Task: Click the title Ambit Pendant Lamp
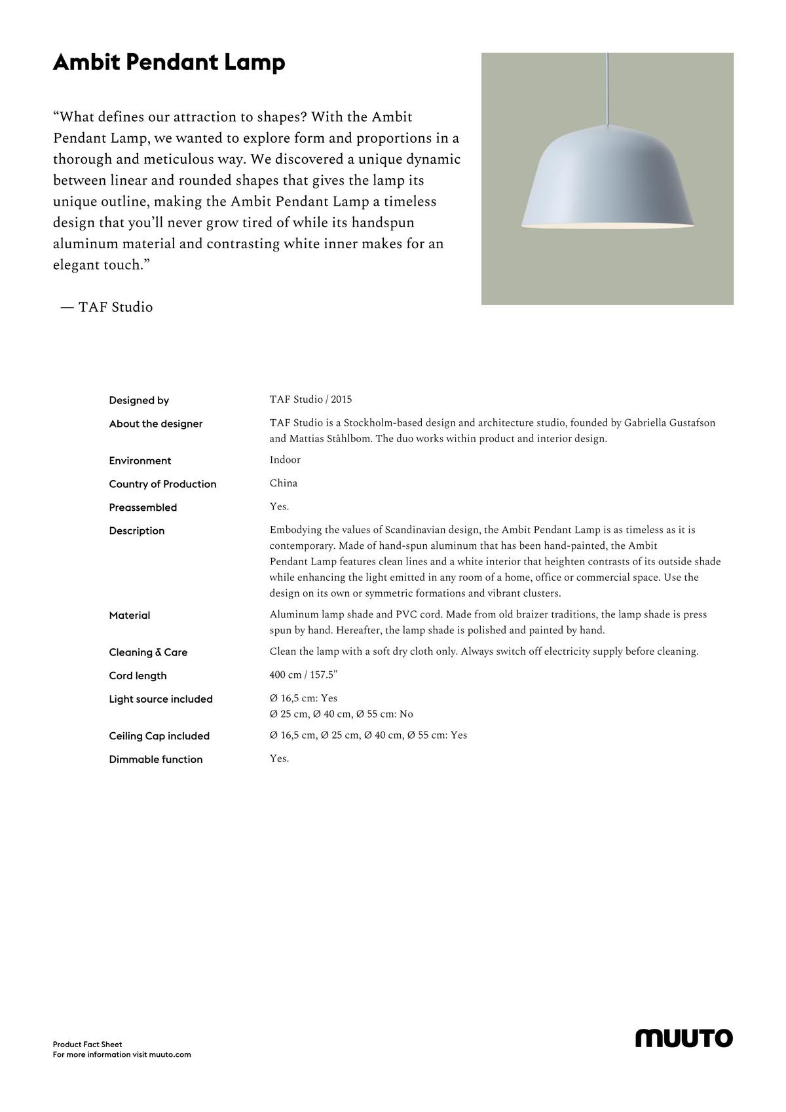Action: tap(169, 63)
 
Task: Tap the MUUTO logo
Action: tap(684, 1038)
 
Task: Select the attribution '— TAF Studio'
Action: tap(107, 307)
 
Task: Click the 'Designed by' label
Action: tap(139, 400)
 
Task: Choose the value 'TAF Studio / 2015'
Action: tap(310, 399)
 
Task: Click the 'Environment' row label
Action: tap(140, 460)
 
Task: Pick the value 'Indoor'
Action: tap(285, 460)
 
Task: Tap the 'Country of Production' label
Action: tap(162, 484)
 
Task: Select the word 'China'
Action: tap(284, 483)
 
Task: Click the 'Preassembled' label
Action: tap(143, 508)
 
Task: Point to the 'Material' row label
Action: tap(130, 616)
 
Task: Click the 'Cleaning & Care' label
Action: tap(148, 652)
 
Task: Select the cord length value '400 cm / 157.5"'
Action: tap(303, 675)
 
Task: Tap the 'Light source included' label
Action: tap(160, 699)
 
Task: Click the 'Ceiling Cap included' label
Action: tap(159, 736)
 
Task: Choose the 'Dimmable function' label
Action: tap(156, 760)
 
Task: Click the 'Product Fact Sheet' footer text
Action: tap(87, 1045)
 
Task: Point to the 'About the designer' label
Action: tap(156, 424)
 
